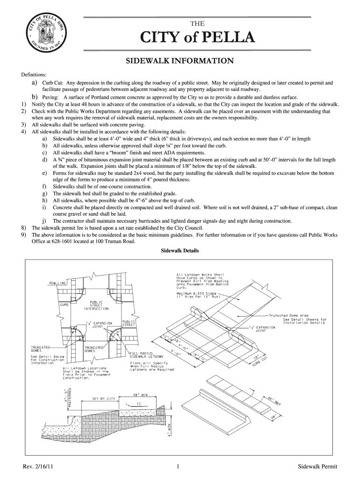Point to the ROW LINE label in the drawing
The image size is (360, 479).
coord(58,283)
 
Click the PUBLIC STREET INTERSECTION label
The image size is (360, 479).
coord(96,305)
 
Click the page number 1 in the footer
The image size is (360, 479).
coord(180,467)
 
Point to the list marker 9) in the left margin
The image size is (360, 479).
coord(23,235)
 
